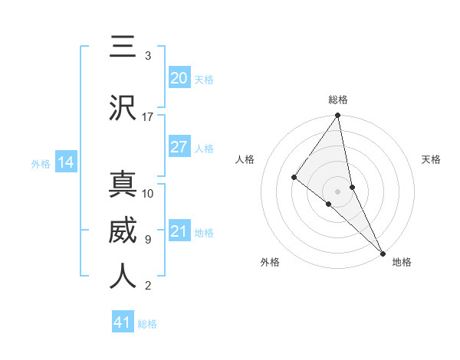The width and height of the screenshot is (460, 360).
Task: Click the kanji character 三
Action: [x=123, y=47]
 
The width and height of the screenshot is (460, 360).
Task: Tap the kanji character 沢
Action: [x=123, y=108]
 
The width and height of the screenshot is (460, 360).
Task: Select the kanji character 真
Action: [x=123, y=185]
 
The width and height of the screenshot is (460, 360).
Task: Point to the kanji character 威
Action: [x=123, y=230]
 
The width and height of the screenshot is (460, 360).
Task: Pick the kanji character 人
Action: [x=123, y=277]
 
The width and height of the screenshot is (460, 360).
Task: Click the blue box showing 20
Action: [x=179, y=78]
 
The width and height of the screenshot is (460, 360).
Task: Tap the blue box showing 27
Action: [x=179, y=147]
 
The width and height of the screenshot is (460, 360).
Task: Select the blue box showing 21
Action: [x=179, y=231]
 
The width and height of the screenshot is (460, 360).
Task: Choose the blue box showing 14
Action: [x=66, y=162]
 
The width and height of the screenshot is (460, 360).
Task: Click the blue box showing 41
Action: [x=123, y=322]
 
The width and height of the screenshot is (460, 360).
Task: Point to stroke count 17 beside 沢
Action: [x=148, y=117]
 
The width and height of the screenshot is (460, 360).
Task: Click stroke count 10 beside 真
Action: [x=148, y=193]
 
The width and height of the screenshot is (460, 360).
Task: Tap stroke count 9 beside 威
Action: [x=148, y=240]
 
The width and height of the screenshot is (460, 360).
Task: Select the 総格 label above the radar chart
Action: [x=338, y=100]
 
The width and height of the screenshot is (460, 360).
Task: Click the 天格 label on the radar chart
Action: [x=432, y=159]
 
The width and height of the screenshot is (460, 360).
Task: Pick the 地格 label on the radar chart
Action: [x=402, y=262]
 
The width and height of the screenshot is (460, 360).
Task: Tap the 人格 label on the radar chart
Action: [x=245, y=159]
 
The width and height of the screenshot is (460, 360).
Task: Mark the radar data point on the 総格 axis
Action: [x=338, y=116]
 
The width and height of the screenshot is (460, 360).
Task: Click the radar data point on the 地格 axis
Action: [x=382, y=251]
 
